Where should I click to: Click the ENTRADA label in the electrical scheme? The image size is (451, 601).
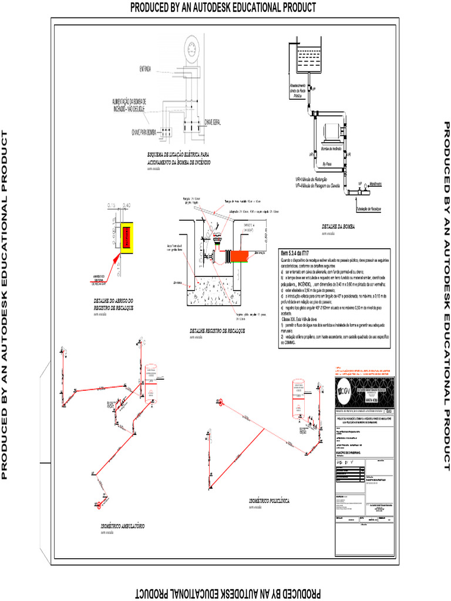tap(144, 69)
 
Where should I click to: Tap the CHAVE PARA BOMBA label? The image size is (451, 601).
tap(143, 131)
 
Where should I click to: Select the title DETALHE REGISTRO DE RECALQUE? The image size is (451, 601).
tap(217, 331)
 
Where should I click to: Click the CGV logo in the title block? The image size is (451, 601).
tap(345, 392)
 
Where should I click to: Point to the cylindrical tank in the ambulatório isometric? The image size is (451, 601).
tap(151, 382)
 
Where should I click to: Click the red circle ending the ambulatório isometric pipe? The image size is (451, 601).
tap(100, 504)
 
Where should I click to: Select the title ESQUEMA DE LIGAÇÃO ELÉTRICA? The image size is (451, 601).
tap(179, 158)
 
